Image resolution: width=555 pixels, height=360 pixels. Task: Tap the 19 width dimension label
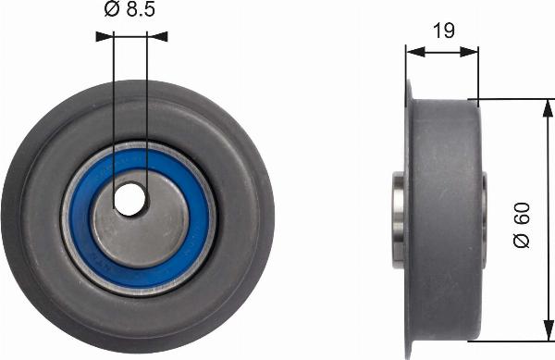444,31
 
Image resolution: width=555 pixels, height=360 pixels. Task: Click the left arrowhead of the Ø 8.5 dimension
102,37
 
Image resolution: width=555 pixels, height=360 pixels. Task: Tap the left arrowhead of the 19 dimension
413,52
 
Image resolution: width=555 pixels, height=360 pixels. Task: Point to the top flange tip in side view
408,85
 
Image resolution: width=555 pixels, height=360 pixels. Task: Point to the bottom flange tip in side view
408,353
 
